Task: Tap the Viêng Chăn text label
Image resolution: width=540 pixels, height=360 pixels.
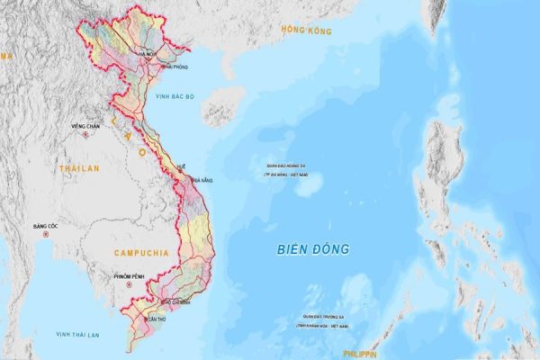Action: tap(85, 126)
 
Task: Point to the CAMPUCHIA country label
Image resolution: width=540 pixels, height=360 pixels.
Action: tap(142, 253)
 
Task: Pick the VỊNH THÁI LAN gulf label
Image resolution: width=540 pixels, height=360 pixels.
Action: tap(77, 335)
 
